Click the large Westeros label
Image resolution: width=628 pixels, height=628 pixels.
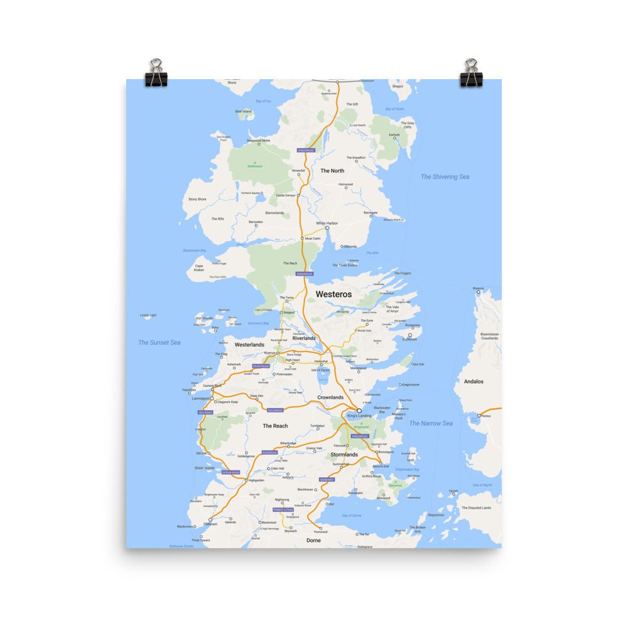pos(333,294)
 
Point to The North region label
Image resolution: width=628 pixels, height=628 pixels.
pos(332,171)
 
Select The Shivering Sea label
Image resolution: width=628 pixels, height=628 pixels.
pos(445,177)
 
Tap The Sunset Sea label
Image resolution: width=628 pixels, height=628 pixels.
pos(160,342)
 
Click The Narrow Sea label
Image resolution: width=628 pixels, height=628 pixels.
pos(431,423)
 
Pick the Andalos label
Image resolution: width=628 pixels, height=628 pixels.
pos(474,381)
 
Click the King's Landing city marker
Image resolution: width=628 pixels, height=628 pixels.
pos(359,410)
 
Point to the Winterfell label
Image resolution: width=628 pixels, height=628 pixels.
pos(298,171)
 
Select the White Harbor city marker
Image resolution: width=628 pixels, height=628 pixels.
pos(327,228)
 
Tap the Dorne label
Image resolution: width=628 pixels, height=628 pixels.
pos(313,540)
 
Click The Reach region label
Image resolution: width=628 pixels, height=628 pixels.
pos(275,426)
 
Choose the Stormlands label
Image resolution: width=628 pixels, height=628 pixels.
pos(344,454)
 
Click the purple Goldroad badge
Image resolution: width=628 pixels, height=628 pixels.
pos(275,410)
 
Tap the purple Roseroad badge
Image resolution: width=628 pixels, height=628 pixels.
pos(269,452)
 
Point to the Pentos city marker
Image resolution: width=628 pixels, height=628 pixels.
pos(479,416)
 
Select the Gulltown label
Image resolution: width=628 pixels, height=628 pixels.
pos(411,341)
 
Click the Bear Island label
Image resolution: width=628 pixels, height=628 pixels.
pos(243,111)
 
